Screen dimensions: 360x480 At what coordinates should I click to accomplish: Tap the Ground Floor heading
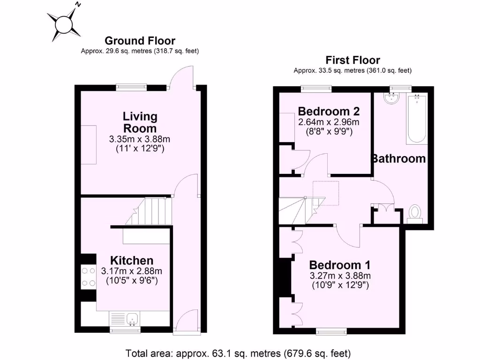[x=140, y=41]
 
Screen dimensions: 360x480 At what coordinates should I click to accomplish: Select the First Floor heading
[x=352, y=60]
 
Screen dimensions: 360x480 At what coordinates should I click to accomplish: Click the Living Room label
[x=140, y=122]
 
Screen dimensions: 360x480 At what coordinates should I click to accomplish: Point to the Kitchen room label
[x=131, y=261]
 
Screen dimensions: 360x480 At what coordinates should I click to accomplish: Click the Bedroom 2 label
[x=329, y=112]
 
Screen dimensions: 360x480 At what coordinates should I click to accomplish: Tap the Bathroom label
[x=398, y=158]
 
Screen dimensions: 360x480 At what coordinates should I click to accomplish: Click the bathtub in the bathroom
[x=416, y=120]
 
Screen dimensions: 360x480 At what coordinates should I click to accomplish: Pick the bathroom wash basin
[x=390, y=98]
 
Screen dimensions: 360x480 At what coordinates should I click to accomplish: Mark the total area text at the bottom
[x=238, y=352]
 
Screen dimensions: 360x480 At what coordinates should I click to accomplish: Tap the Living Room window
[x=131, y=87]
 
